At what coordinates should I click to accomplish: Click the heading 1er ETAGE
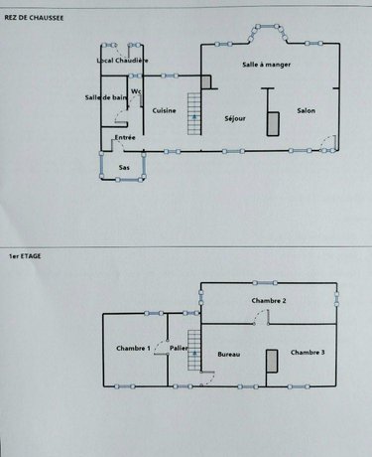point(22,255)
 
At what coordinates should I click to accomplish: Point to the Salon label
point(307,110)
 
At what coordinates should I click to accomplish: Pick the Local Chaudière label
point(123,61)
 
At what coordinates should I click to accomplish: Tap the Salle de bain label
point(106,96)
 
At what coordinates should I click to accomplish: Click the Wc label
point(136,92)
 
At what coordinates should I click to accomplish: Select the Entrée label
point(125,137)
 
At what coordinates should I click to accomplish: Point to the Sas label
point(124,167)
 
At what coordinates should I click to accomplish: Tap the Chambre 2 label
point(269,300)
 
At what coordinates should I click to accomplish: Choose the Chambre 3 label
point(307,353)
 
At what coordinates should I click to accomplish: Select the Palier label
point(180,348)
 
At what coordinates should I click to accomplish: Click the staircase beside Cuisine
point(194,118)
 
